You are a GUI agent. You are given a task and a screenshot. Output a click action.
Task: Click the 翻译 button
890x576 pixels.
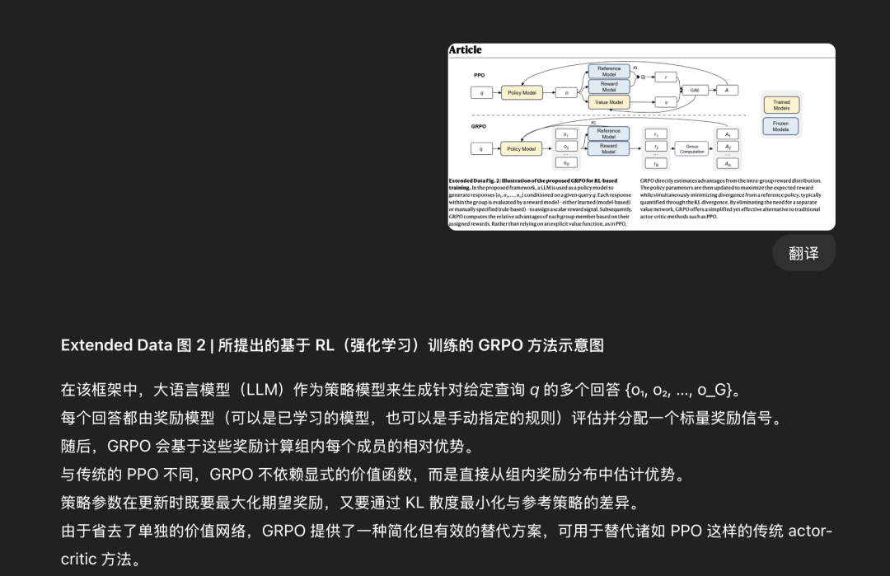point(803,253)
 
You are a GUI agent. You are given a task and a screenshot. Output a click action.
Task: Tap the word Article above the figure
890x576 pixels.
point(466,50)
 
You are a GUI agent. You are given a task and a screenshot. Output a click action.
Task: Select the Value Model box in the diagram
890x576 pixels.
point(608,103)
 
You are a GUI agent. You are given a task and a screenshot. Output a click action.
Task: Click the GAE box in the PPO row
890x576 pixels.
point(694,90)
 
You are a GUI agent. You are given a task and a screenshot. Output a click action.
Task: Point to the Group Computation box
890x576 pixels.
point(692,148)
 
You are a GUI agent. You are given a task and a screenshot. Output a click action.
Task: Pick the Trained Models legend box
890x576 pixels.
point(780,105)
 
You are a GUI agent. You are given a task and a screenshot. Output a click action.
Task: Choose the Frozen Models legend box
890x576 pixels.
point(780,127)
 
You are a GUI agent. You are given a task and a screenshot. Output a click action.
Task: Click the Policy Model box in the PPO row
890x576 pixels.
point(521,93)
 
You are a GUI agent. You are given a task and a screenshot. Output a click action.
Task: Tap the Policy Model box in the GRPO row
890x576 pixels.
point(521,149)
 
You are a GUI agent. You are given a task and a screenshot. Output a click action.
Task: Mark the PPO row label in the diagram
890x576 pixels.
point(479,75)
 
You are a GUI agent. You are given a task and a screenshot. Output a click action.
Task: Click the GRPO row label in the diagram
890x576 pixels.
point(480,127)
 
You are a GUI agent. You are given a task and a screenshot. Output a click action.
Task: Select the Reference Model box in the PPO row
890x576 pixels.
point(608,72)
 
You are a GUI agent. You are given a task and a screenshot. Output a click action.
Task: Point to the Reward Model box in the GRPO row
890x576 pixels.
point(608,149)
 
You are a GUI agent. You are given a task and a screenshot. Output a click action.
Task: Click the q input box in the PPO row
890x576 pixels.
point(482,93)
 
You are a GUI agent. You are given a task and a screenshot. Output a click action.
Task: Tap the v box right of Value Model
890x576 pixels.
point(665,103)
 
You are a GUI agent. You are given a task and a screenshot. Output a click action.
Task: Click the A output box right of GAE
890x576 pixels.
point(727,90)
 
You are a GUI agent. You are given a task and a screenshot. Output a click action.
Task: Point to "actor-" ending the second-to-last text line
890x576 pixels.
point(810,531)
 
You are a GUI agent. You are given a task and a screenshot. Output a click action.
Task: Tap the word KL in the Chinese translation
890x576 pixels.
point(414,503)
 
